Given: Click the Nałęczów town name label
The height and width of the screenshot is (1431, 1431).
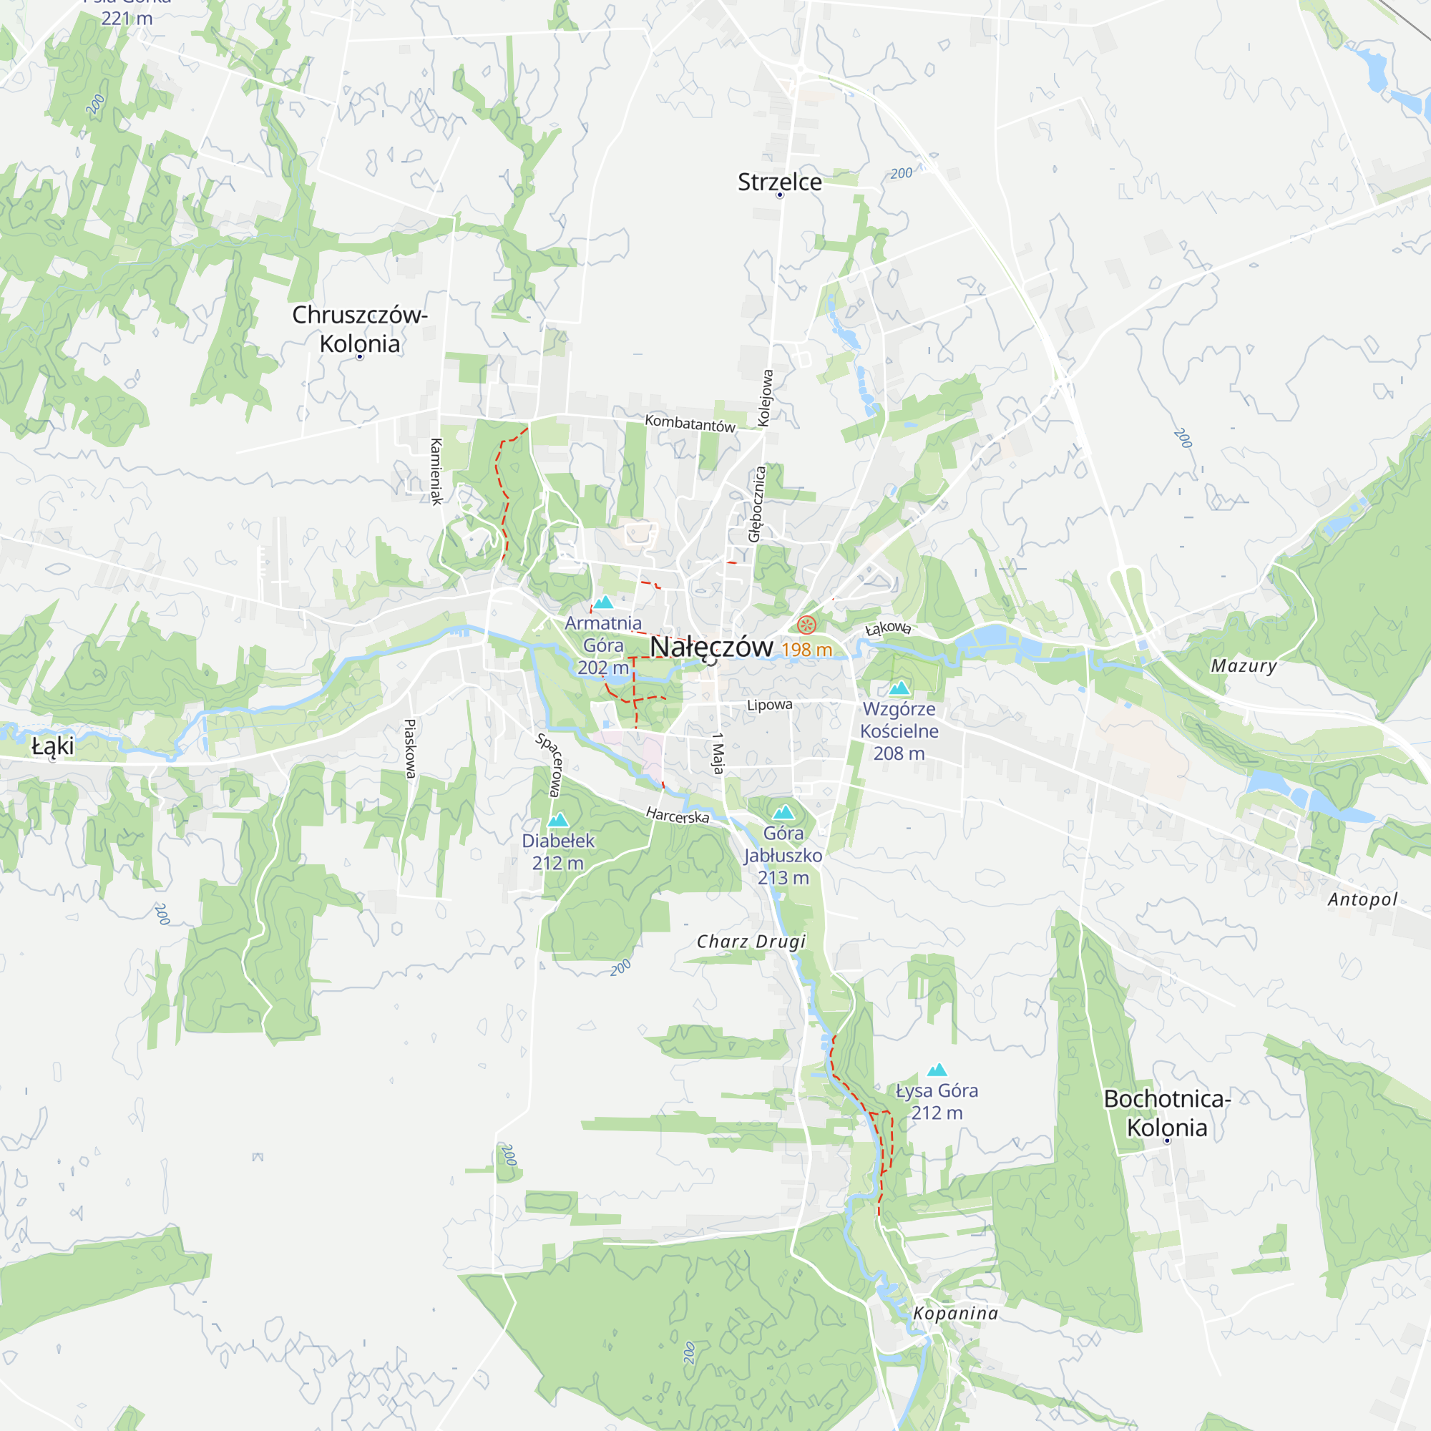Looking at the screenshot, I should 711,647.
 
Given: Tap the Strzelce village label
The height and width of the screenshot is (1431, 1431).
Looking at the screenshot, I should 779,182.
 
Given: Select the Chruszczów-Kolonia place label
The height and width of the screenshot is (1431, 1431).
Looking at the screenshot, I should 360,329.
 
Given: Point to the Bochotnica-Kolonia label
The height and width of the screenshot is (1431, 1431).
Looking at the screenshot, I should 1166,1113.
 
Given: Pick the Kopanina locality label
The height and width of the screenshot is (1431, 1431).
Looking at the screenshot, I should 955,1313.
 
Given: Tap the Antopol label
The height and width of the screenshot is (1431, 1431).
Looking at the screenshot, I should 1362,899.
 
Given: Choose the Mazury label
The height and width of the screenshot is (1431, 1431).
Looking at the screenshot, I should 1244,666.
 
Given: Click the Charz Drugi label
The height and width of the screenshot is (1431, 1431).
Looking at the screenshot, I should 751,942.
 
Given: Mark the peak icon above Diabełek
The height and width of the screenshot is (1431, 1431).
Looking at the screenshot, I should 558,820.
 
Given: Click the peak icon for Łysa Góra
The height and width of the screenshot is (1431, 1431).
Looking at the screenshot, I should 937,1070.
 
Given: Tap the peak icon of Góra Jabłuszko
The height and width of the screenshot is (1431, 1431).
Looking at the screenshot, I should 783,813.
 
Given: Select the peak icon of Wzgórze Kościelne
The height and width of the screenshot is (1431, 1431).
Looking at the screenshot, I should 899,688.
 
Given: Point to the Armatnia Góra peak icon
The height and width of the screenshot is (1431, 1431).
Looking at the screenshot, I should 604,602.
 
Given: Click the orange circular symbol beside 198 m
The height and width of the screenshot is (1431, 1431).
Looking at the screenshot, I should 806,625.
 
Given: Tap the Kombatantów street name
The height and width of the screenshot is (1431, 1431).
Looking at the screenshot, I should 690,424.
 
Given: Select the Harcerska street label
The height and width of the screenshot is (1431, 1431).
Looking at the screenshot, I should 677,816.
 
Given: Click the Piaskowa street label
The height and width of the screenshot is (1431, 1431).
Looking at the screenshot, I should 409,748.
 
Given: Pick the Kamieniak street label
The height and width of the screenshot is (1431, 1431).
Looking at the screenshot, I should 436,471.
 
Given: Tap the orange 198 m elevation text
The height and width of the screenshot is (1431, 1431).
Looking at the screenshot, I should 806,650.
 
